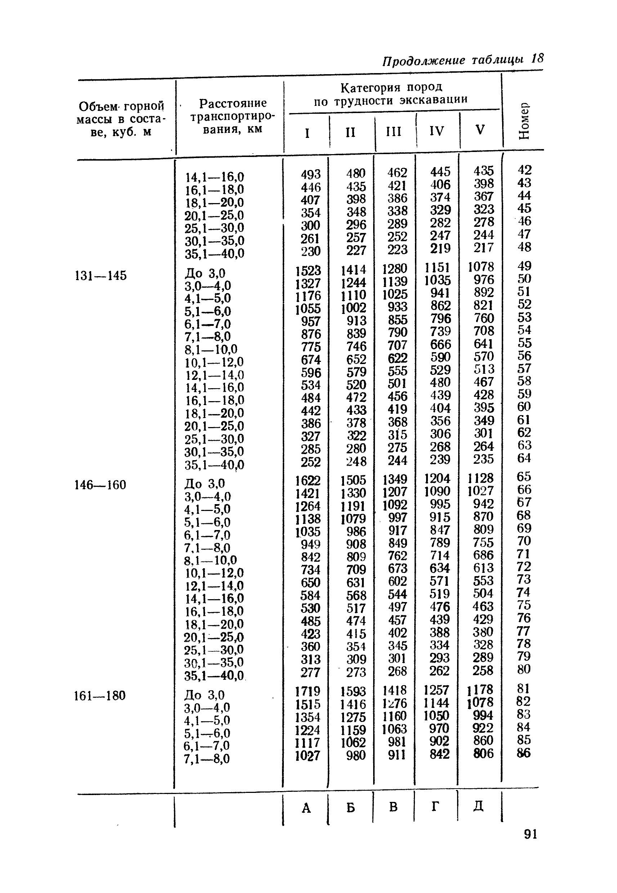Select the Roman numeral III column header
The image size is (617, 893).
click(x=394, y=131)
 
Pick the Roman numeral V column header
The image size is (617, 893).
click(x=480, y=130)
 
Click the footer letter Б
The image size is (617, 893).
click(x=350, y=807)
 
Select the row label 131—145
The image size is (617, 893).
click(x=100, y=275)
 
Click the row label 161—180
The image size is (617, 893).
click(x=100, y=696)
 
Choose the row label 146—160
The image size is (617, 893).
click(x=100, y=485)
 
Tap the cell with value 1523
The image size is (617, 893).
click(x=308, y=270)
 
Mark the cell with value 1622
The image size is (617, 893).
click(x=308, y=480)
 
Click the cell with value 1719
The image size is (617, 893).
click(x=308, y=691)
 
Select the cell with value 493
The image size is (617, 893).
click(x=311, y=174)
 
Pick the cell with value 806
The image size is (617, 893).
click(x=483, y=753)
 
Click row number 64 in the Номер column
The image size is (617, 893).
click(x=524, y=458)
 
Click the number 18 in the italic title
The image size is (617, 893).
click(x=537, y=58)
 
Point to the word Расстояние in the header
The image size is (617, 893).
click(x=233, y=103)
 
